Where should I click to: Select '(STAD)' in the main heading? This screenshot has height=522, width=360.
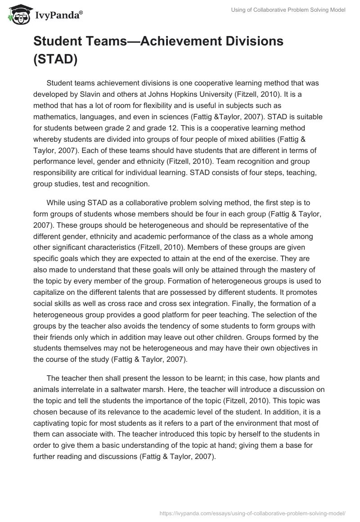(x=55, y=60)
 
